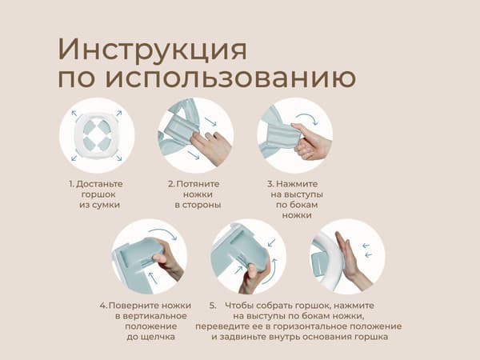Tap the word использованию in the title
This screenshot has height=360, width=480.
(x=230, y=78)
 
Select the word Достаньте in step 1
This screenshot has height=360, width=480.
(x=99, y=184)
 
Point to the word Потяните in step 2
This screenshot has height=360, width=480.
(x=198, y=184)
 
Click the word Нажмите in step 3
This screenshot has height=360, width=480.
(x=297, y=184)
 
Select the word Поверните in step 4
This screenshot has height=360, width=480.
(x=134, y=306)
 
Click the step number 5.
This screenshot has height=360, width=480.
(x=213, y=306)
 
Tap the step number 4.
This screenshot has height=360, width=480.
(x=103, y=306)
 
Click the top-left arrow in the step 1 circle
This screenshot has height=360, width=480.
(x=74, y=114)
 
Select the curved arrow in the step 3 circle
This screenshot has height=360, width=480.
(x=307, y=118)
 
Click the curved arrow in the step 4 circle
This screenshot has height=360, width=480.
(x=164, y=233)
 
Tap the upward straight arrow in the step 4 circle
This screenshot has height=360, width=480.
(x=152, y=278)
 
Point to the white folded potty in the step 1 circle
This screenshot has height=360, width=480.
(x=97, y=134)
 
